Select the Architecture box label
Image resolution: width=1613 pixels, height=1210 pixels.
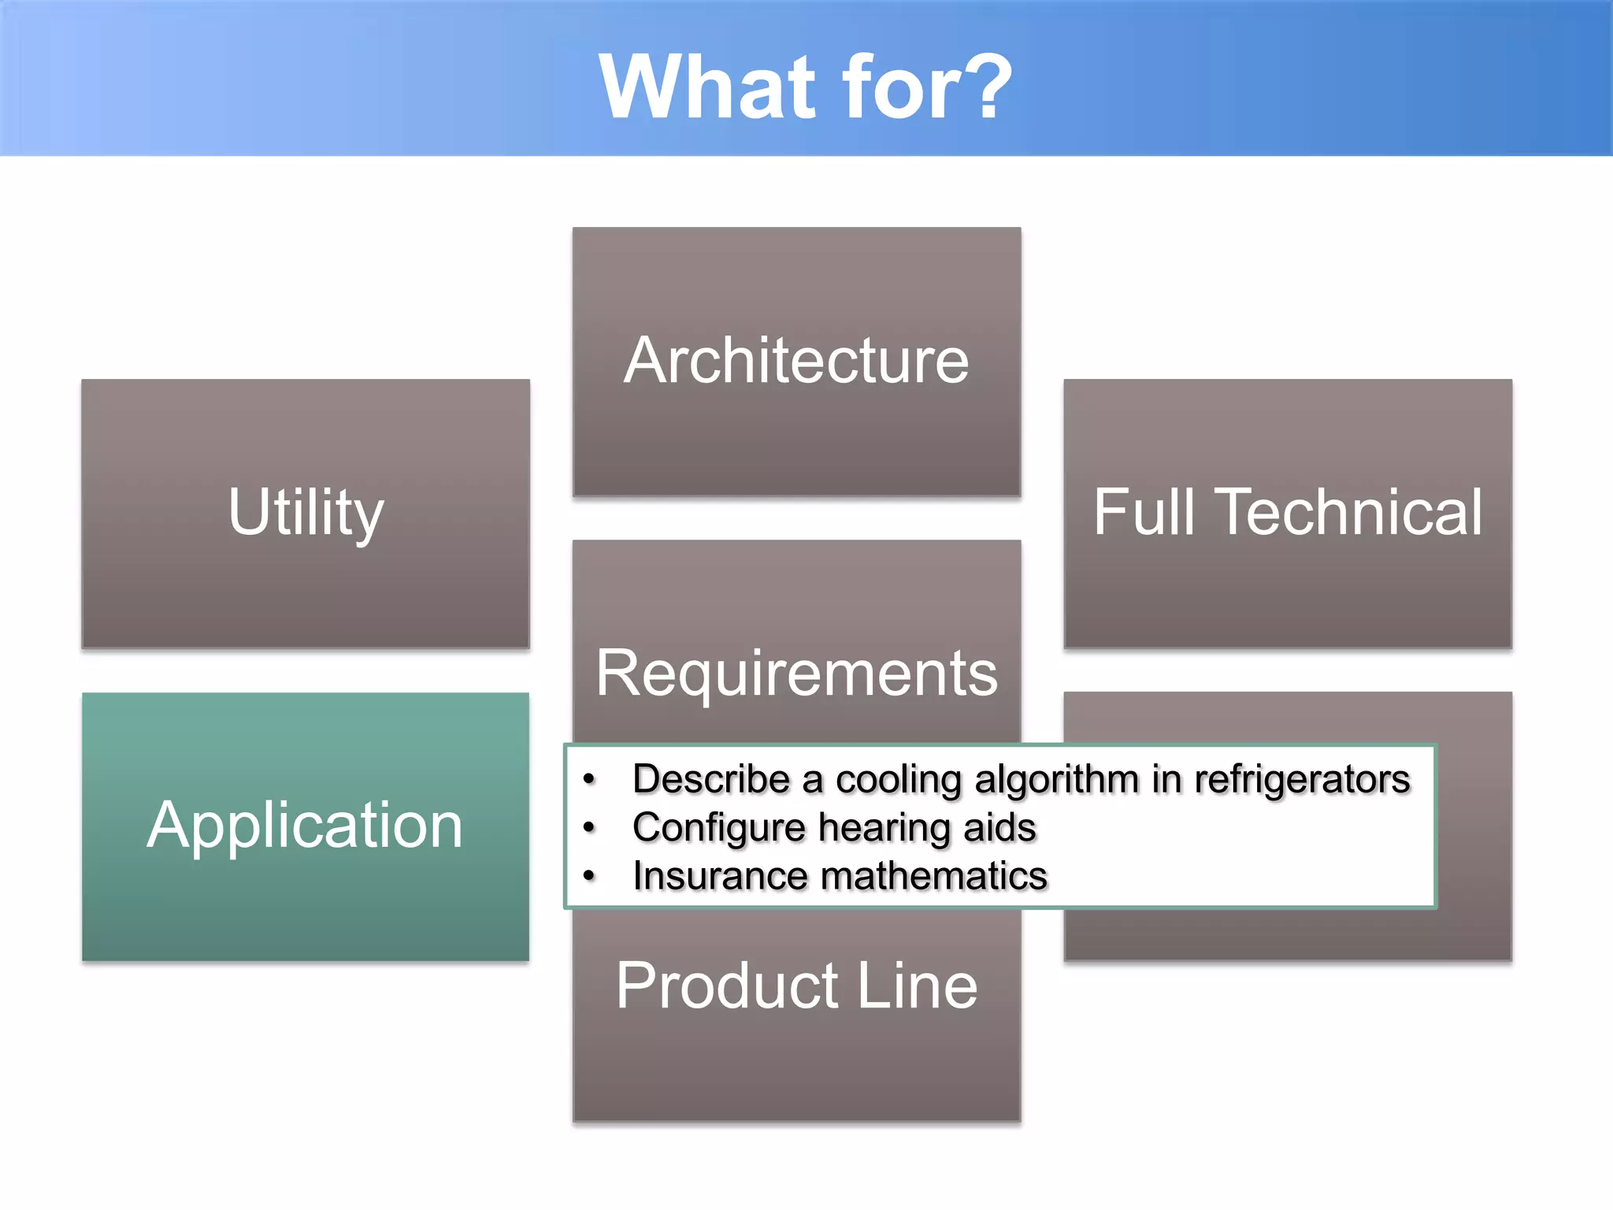[x=796, y=361]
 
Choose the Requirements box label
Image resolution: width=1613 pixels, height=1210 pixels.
[x=796, y=674]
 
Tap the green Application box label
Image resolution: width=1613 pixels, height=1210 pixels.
[x=305, y=826]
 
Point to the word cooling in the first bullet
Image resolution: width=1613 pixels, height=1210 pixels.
[x=898, y=780]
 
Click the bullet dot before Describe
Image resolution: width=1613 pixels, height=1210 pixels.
[x=589, y=780]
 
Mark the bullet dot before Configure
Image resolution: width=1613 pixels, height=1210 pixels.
[x=589, y=828]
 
